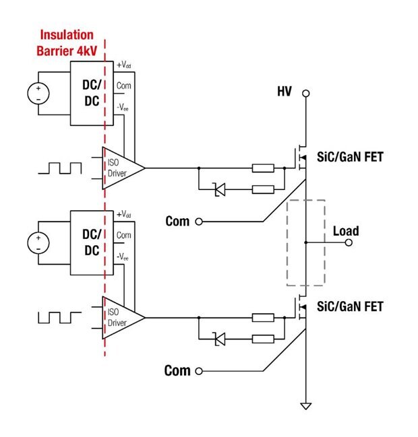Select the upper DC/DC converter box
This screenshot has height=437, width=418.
92,94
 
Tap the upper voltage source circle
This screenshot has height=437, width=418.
38,94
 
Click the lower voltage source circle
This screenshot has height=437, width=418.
38,242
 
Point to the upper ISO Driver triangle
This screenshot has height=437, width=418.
122,167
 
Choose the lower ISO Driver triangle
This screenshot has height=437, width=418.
122,316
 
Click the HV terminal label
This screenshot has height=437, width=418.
284,91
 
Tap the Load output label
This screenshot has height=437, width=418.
346,231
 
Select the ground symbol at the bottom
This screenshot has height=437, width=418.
305,406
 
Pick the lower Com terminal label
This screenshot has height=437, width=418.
177,370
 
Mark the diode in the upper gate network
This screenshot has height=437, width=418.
219,191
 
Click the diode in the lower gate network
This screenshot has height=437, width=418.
219,340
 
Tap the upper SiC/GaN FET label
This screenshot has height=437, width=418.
349,157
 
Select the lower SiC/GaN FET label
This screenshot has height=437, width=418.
349,306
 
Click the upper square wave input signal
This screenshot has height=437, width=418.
60,168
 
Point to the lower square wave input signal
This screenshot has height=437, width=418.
60,316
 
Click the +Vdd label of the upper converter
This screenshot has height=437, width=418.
124,66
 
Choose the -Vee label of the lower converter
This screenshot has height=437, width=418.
123,257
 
